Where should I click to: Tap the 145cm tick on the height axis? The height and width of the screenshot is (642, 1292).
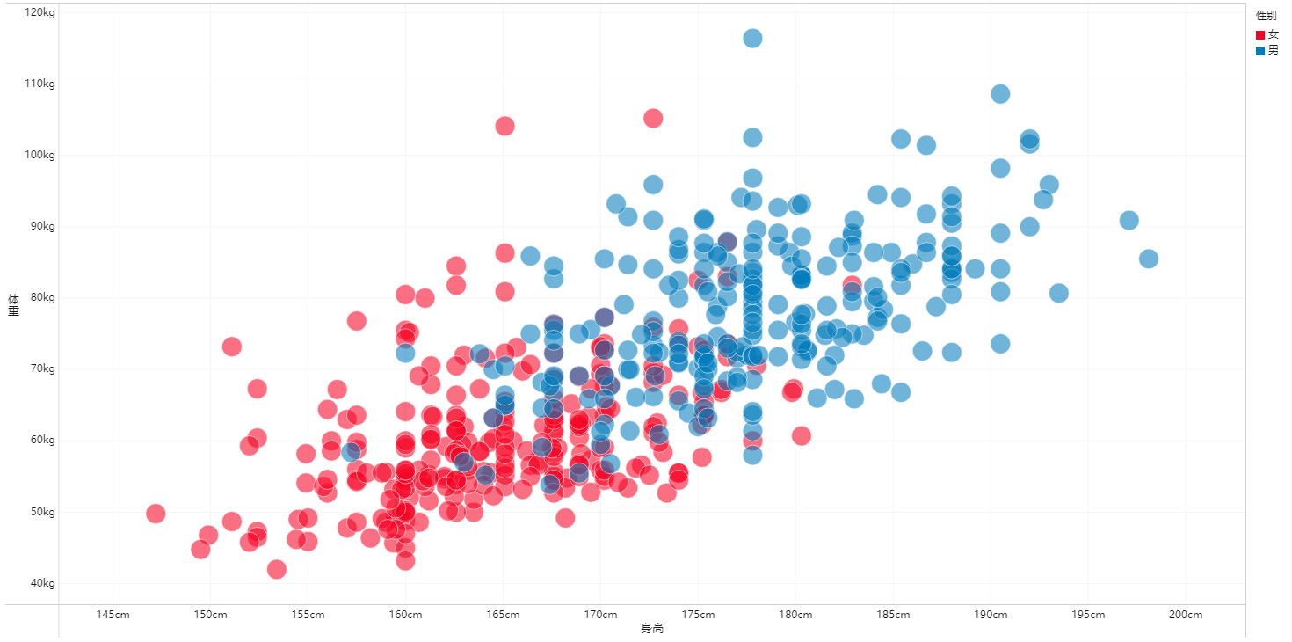[x=113, y=615]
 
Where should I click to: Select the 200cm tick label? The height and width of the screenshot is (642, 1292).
[x=1186, y=615]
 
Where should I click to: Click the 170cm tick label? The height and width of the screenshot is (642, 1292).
[x=599, y=615]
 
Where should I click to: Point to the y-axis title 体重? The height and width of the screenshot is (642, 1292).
[x=13, y=303]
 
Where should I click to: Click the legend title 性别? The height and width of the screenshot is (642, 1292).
[x=1266, y=16]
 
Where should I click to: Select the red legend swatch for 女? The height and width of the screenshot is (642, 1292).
[x=1260, y=34]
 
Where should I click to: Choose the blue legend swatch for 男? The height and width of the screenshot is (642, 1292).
[x=1260, y=51]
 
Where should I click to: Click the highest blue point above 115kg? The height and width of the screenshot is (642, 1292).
[x=752, y=38]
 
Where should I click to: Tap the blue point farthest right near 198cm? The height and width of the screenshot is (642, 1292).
[x=1148, y=259]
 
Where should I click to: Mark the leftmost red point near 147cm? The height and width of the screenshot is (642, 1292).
[x=156, y=513]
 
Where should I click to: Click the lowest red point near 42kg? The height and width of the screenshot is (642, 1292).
[x=276, y=569]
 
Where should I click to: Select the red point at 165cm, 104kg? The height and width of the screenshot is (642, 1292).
[x=504, y=126]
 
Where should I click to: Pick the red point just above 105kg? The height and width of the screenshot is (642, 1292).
[x=653, y=118]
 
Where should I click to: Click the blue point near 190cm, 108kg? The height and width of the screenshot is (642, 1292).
[x=1000, y=93]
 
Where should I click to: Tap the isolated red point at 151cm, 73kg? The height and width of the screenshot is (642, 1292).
[x=231, y=347]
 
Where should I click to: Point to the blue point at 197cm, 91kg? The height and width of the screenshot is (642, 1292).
[x=1129, y=220]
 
